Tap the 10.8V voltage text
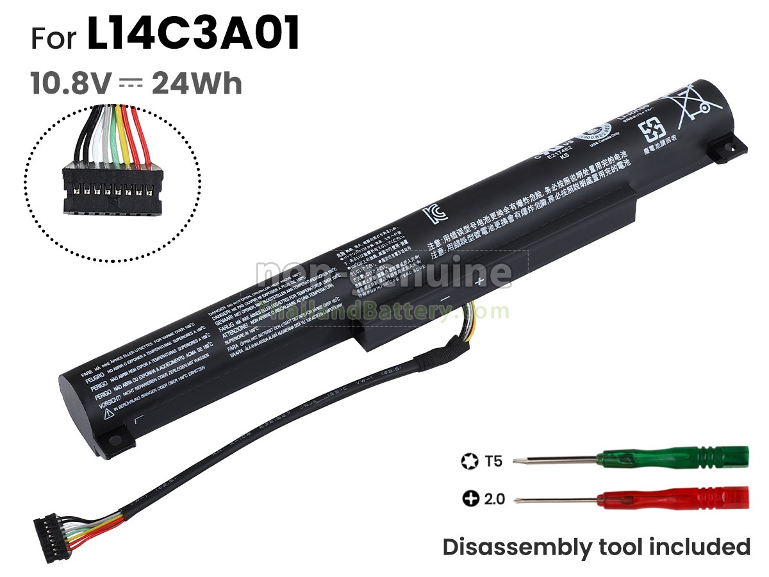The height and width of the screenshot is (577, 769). [x=71, y=83]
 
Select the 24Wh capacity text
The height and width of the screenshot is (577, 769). [x=197, y=83]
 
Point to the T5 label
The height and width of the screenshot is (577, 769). [x=494, y=460]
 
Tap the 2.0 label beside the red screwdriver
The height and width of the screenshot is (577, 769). [x=494, y=498]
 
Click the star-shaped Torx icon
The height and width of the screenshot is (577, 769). [x=468, y=460]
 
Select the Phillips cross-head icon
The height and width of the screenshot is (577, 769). [x=470, y=498]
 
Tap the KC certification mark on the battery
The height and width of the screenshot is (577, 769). [x=433, y=213]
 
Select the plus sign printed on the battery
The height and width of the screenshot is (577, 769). [x=479, y=281]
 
